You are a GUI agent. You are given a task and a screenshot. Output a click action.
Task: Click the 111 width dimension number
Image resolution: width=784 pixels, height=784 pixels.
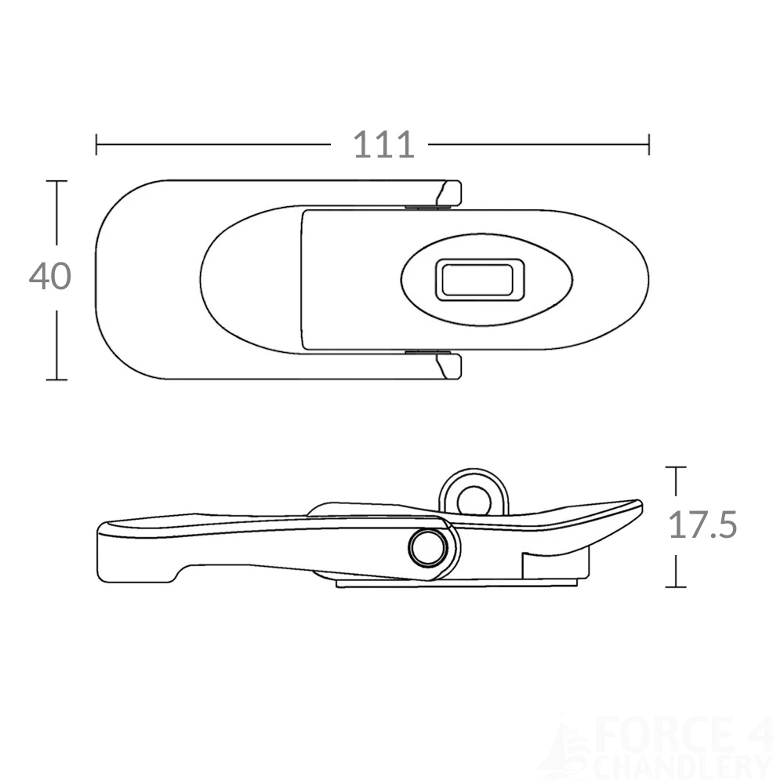(x=383, y=145)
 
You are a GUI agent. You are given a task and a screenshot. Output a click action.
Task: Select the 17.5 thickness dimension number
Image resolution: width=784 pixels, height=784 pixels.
(x=702, y=525)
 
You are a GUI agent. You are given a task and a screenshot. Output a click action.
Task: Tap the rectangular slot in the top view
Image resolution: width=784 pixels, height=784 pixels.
(x=476, y=280)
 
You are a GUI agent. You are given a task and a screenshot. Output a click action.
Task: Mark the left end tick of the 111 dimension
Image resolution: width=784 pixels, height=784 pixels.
(x=96, y=144)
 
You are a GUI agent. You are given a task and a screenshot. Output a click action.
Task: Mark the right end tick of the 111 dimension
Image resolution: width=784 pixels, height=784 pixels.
(x=648, y=144)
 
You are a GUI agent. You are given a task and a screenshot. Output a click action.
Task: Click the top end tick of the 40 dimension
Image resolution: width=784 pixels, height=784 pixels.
(x=56, y=181)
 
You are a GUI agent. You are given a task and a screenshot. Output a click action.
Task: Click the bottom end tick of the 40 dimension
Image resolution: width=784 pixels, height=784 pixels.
(x=56, y=379)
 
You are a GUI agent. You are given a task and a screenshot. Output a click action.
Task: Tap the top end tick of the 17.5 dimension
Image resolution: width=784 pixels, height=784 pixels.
(x=676, y=467)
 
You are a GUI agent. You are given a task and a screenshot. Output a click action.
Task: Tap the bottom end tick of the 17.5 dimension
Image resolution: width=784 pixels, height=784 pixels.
(x=676, y=586)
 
